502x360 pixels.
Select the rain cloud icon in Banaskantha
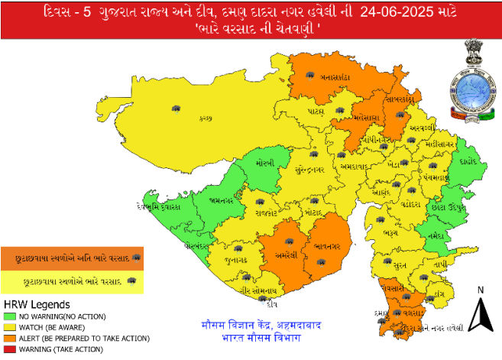coord(311,75)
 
